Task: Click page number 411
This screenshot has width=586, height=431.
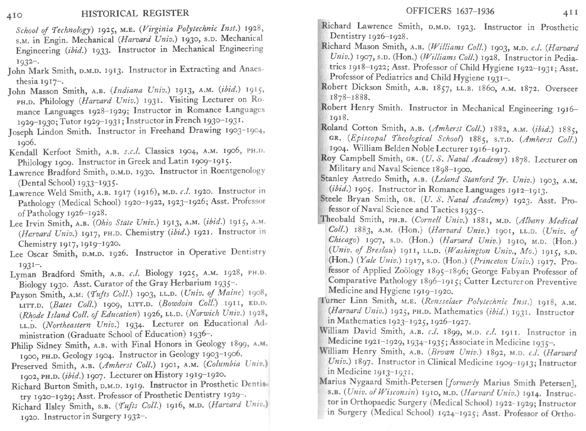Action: point(570,13)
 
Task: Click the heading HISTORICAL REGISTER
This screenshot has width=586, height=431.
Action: point(135,13)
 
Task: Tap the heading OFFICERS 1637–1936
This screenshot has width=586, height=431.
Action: point(450,11)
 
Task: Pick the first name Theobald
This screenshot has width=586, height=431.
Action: point(338,219)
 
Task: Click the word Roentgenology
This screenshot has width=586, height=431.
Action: point(237,171)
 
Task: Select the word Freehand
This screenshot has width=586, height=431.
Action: point(168,131)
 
